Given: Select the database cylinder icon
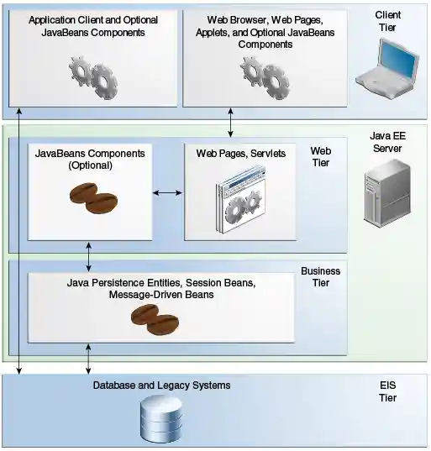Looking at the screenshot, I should tap(161, 420).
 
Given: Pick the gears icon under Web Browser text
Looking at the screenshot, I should tap(263, 76).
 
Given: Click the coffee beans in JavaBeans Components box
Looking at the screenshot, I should tap(92, 202).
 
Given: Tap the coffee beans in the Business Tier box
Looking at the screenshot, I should tap(155, 317).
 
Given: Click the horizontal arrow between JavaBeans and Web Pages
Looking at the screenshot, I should tap(168, 193).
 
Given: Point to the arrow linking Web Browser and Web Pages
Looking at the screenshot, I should tap(231, 123).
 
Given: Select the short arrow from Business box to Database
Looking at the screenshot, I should tap(89, 359).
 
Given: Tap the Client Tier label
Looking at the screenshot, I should tap(388, 22).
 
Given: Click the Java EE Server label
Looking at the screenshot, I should tap(386, 142).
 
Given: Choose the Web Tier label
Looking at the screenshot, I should tap(320, 157).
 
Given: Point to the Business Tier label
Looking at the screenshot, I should tap(320, 277).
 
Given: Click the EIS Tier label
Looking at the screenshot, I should tap(387, 391).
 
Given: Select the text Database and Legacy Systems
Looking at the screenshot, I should tap(161, 385).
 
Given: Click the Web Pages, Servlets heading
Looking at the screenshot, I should tap(241, 154).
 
